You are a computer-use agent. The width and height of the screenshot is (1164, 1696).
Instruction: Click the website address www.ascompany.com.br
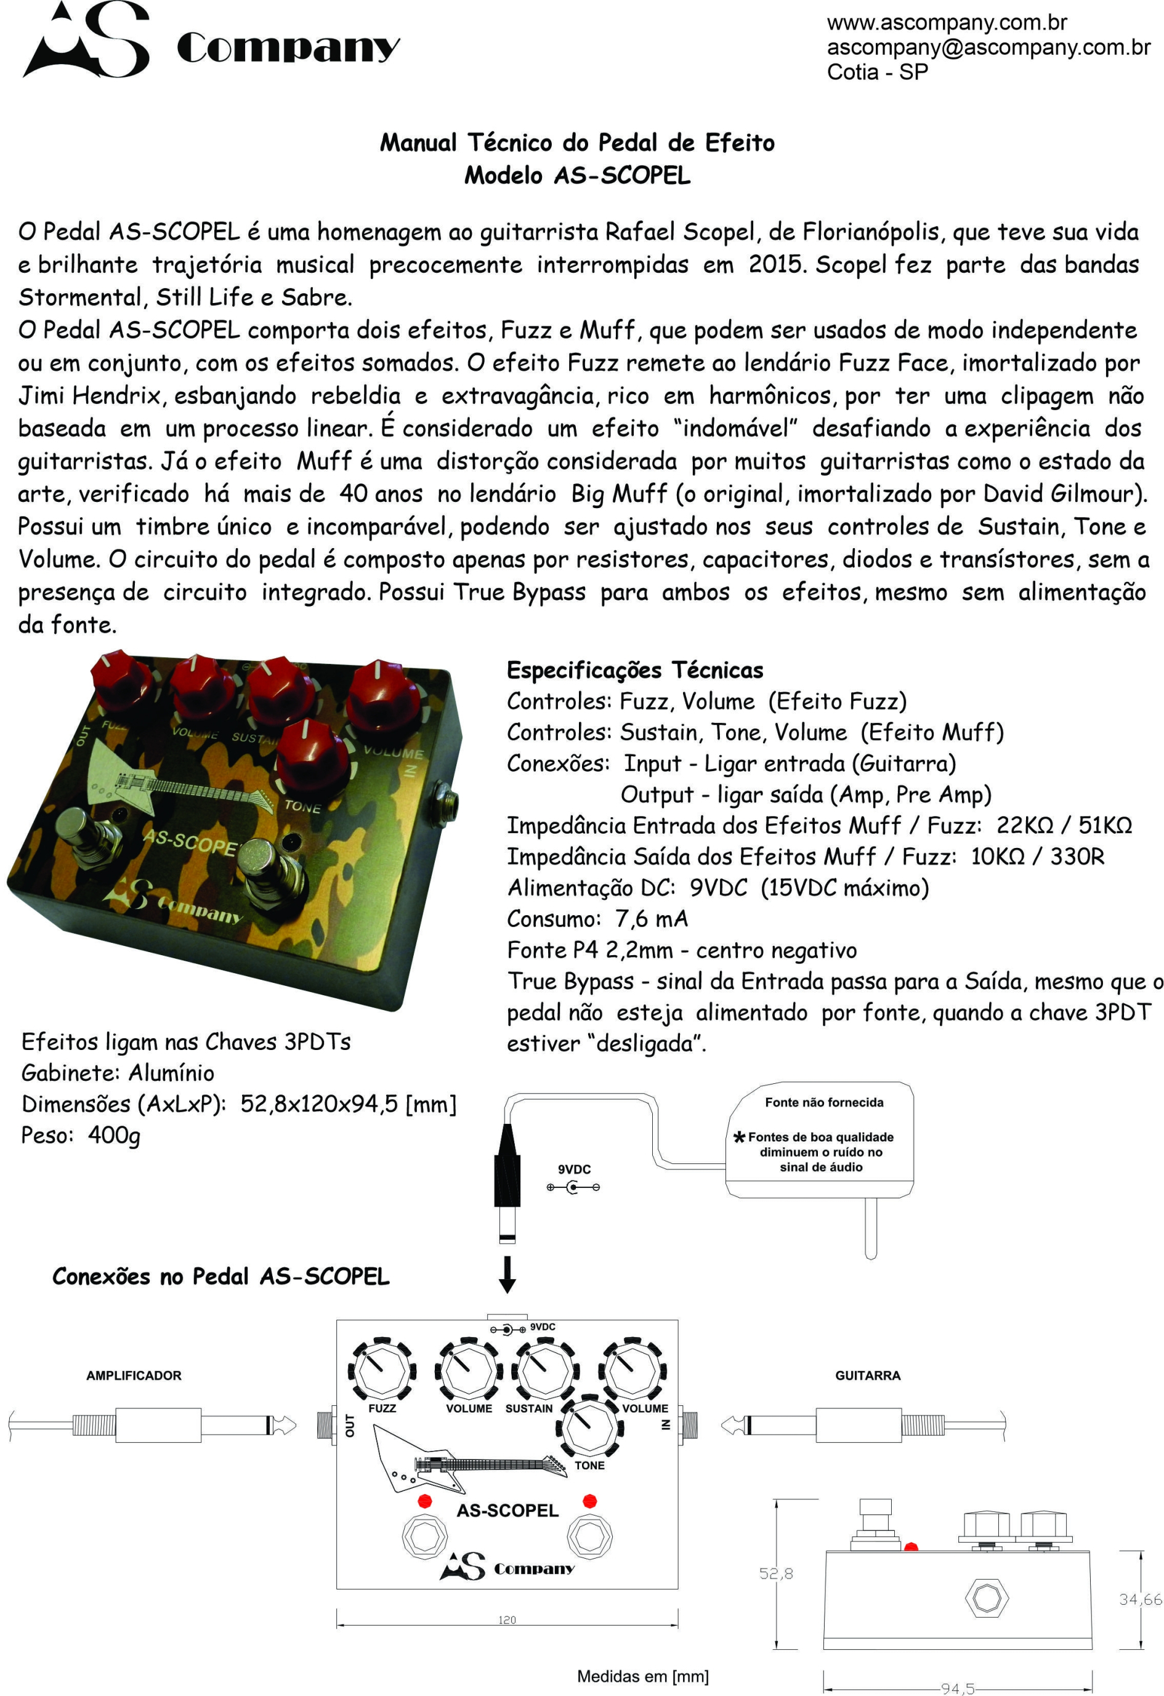pyautogui.click(x=947, y=23)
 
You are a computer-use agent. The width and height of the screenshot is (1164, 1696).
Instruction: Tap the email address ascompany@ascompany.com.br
pyautogui.click(x=988, y=47)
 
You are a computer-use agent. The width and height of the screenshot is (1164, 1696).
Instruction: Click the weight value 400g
pyautogui.click(x=114, y=1135)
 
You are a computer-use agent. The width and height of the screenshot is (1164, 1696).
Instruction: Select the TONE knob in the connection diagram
pyautogui.click(x=589, y=1425)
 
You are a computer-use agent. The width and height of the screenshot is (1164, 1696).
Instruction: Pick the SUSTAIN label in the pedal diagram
pyautogui.click(x=529, y=1408)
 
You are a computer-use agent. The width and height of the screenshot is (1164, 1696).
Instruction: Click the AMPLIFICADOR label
pyautogui.click(x=134, y=1376)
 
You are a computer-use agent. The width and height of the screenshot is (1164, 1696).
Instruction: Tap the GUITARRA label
pyautogui.click(x=868, y=1376)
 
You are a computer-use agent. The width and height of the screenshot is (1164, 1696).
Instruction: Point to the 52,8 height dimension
pyautogui.click(x=776, y=1574)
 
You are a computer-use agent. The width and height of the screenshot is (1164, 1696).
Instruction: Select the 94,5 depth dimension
pyautogui.click(x=958, y=1688)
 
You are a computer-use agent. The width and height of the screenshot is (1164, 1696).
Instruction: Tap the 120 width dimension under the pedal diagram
pyautogui.click(x=507, y=1620)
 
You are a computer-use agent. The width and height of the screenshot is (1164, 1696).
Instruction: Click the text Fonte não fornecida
pyautogui.click(x=824, y=1102)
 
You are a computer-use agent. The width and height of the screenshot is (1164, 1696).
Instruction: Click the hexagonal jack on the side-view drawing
pyautogui.click(x=987, y=1597)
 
